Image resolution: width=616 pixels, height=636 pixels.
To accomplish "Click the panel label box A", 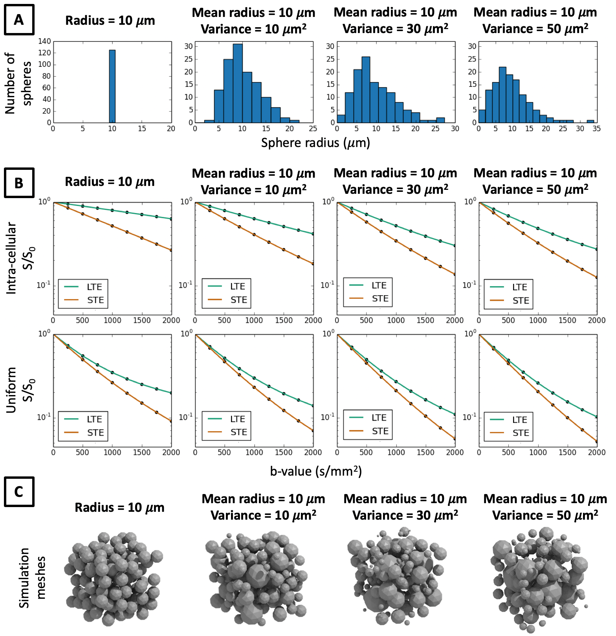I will [19, 20].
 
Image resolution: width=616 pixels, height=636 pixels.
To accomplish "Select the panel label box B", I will [19, 183].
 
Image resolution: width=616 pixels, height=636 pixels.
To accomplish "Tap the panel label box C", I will [19, 492].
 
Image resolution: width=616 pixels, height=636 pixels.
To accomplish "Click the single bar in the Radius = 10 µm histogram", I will [112, 86].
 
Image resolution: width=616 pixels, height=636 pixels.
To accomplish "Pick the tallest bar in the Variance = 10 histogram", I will [237, 83].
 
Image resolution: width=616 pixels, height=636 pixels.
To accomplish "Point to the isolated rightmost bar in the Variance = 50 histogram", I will [590, 121].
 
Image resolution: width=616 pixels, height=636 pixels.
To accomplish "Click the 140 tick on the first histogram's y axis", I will [45, 41].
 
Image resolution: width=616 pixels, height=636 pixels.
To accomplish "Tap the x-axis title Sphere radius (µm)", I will [315, 143].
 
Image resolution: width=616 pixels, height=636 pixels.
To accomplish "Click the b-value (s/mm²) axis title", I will [315, 471].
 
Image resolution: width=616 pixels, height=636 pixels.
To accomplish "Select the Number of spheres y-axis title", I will [18, 83].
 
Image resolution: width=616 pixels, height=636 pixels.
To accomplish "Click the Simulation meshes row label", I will [32, 578].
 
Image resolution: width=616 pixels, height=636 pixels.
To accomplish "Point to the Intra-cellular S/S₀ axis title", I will [20, 257].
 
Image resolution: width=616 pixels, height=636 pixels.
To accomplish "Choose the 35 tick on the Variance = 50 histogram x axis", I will [596, 129].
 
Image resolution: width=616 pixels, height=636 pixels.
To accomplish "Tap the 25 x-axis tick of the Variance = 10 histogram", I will [313, 129].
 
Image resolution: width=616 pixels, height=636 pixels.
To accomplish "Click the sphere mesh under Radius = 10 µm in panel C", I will [113, 578].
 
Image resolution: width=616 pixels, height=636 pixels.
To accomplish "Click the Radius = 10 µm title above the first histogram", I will [110, 20].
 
